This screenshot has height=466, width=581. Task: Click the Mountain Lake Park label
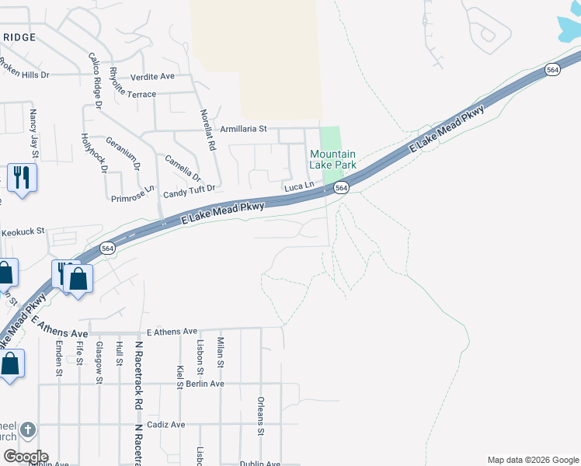[332, 159]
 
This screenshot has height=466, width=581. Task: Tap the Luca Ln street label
[299, 187]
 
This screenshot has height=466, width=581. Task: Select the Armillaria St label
[243, 129]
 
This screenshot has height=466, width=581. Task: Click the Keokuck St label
[24, 231]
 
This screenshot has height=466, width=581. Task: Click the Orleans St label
[261, 417]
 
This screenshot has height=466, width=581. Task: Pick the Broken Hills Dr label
[23, 75]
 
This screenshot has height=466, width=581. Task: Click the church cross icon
[27, 429]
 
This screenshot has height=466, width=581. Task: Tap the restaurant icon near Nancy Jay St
[22, 178]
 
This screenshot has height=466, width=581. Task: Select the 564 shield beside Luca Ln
[341, 188]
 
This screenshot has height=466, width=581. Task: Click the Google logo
[25, 457]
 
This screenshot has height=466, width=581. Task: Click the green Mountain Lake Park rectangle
[331, 137]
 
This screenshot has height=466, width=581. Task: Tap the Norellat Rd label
[207, 129]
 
